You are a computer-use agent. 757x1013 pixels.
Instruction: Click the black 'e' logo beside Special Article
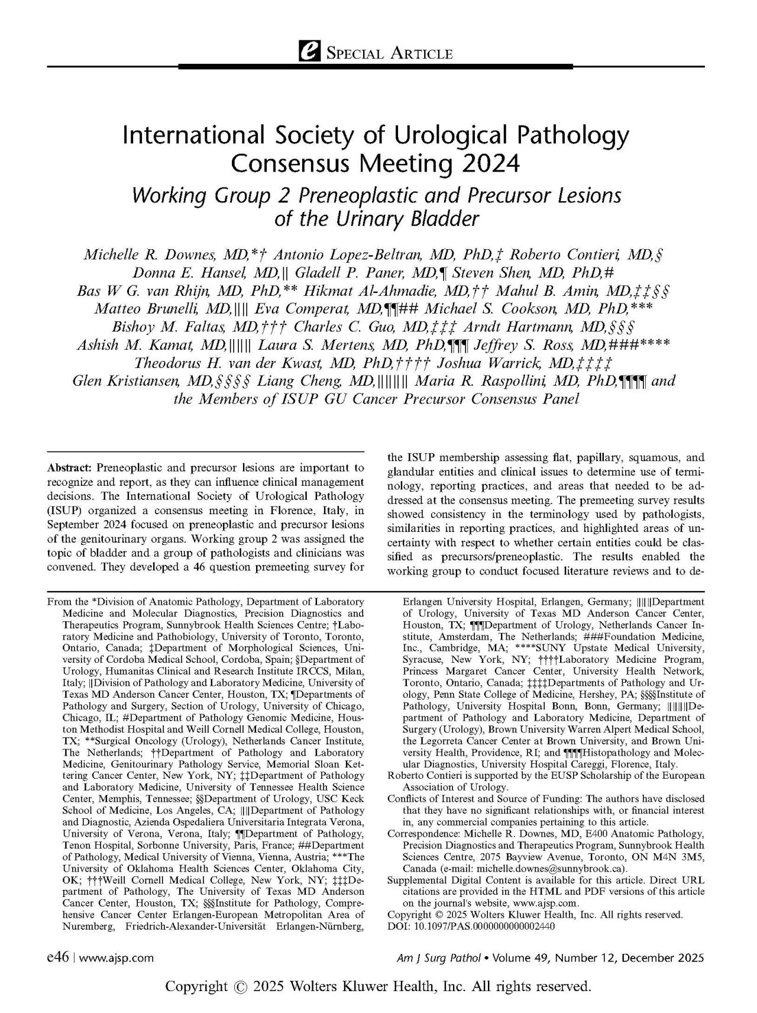[x=308, y=54]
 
